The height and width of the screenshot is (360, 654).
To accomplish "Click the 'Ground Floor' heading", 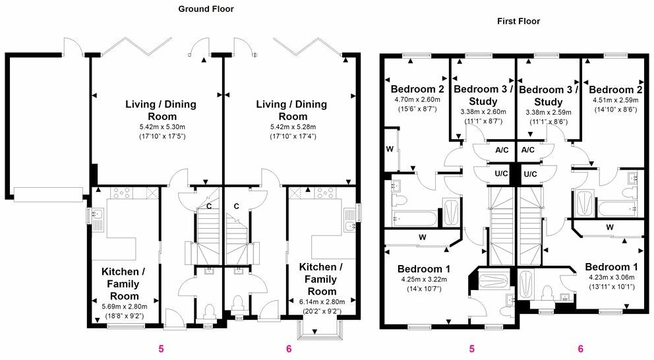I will click(206, 9).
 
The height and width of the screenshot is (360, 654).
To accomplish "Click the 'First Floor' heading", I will click(518, 21).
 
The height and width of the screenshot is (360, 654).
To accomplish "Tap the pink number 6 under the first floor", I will click(580, 349).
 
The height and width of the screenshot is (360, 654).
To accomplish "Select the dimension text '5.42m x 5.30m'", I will click(161, 127).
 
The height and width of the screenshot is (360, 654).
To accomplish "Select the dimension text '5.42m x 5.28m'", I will click(292, 127).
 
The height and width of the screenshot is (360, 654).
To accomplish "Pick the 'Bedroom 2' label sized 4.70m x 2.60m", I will click(417, 89).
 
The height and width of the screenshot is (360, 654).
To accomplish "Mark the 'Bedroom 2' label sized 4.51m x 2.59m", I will click(615, 89).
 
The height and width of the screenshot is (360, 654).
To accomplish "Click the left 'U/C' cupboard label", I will click(501, 174).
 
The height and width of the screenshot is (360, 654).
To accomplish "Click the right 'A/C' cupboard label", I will click(528, 150).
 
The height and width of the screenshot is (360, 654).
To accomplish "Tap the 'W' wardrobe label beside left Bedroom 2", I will click(390, 149).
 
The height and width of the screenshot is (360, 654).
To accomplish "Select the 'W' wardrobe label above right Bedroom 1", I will click(609, 227).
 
